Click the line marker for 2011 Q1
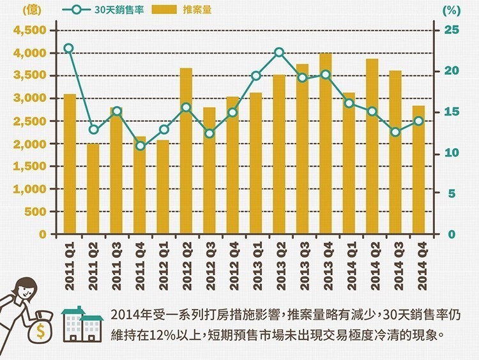(x=69, y=49)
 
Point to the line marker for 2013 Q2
(x=279, y=52)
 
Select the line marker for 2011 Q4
(x=140, y=146)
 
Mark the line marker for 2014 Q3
(x=395, y=132)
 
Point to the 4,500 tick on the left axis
(x=29, y=31)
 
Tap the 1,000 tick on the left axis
(x=29, y=189)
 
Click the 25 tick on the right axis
(x=452, y=30)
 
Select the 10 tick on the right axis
(x=452, y=153)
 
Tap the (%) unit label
(x=451, y=11)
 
